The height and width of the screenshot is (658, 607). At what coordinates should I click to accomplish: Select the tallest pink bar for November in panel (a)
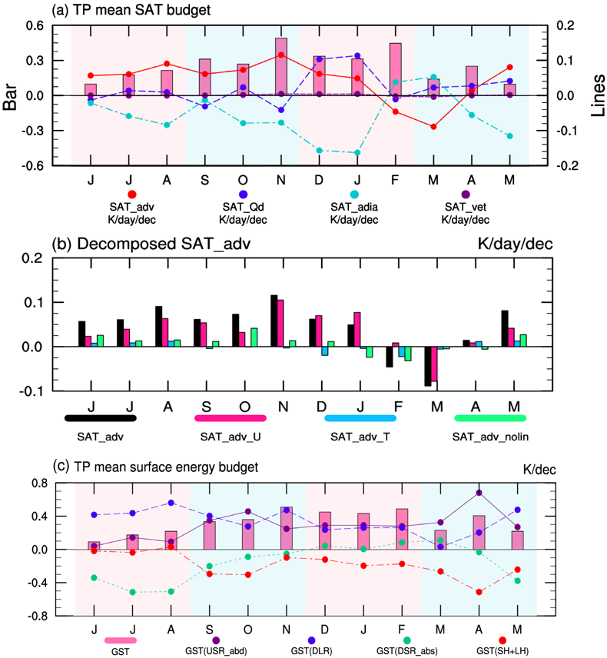(x=281, y=67)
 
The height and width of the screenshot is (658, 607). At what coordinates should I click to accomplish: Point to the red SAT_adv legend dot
(x=132, y=194)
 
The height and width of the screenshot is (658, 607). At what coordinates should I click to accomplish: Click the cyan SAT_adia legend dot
(x=354, y=194)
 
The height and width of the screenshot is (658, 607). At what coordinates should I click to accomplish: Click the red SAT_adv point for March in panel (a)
(x=433, y=127)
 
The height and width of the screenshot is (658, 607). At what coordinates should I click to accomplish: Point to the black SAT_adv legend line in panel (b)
(x=101, y=418)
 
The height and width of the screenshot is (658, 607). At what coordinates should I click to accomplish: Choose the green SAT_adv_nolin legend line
(x=489, y=418)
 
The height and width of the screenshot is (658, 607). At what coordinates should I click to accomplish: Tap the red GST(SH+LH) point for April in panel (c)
(x=479, y=592)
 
